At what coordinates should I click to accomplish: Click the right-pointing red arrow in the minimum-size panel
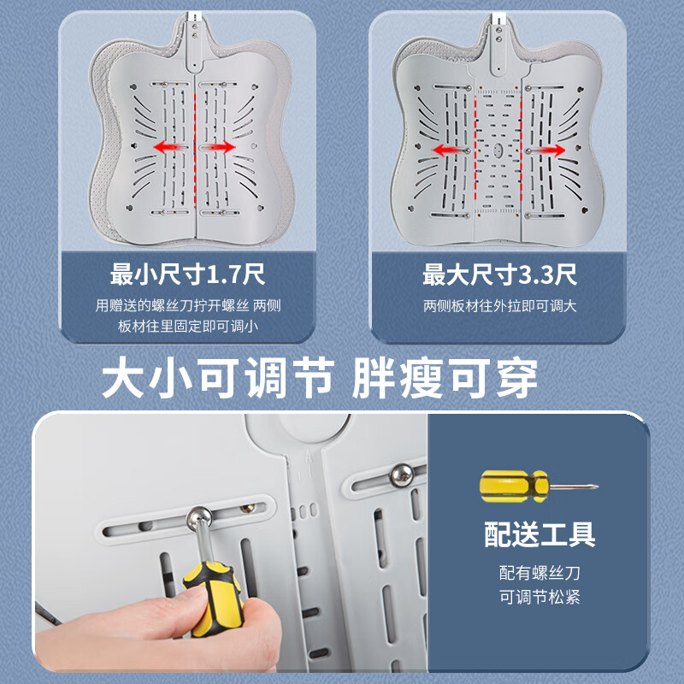219,147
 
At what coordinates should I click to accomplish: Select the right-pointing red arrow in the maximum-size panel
545,150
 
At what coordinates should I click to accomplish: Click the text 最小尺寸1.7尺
188,275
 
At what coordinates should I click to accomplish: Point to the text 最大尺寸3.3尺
500,275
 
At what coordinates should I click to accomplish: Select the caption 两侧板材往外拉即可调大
500,305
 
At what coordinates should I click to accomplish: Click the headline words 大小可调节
218,379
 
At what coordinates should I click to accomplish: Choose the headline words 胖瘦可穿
445,379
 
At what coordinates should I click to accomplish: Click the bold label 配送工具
540,534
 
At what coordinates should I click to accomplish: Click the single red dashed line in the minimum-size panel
195,145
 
